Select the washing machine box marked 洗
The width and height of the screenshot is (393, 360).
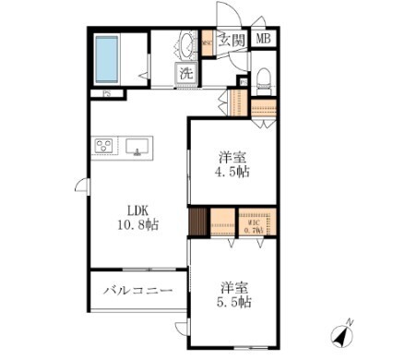point(185,73)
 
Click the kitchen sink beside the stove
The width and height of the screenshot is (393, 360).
point(137,146)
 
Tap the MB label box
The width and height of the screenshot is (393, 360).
point(264,39)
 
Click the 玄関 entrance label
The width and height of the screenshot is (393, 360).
point(232,40)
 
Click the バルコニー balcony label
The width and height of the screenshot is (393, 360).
point(137,291)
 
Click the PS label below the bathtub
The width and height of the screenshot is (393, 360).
point(108,93)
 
